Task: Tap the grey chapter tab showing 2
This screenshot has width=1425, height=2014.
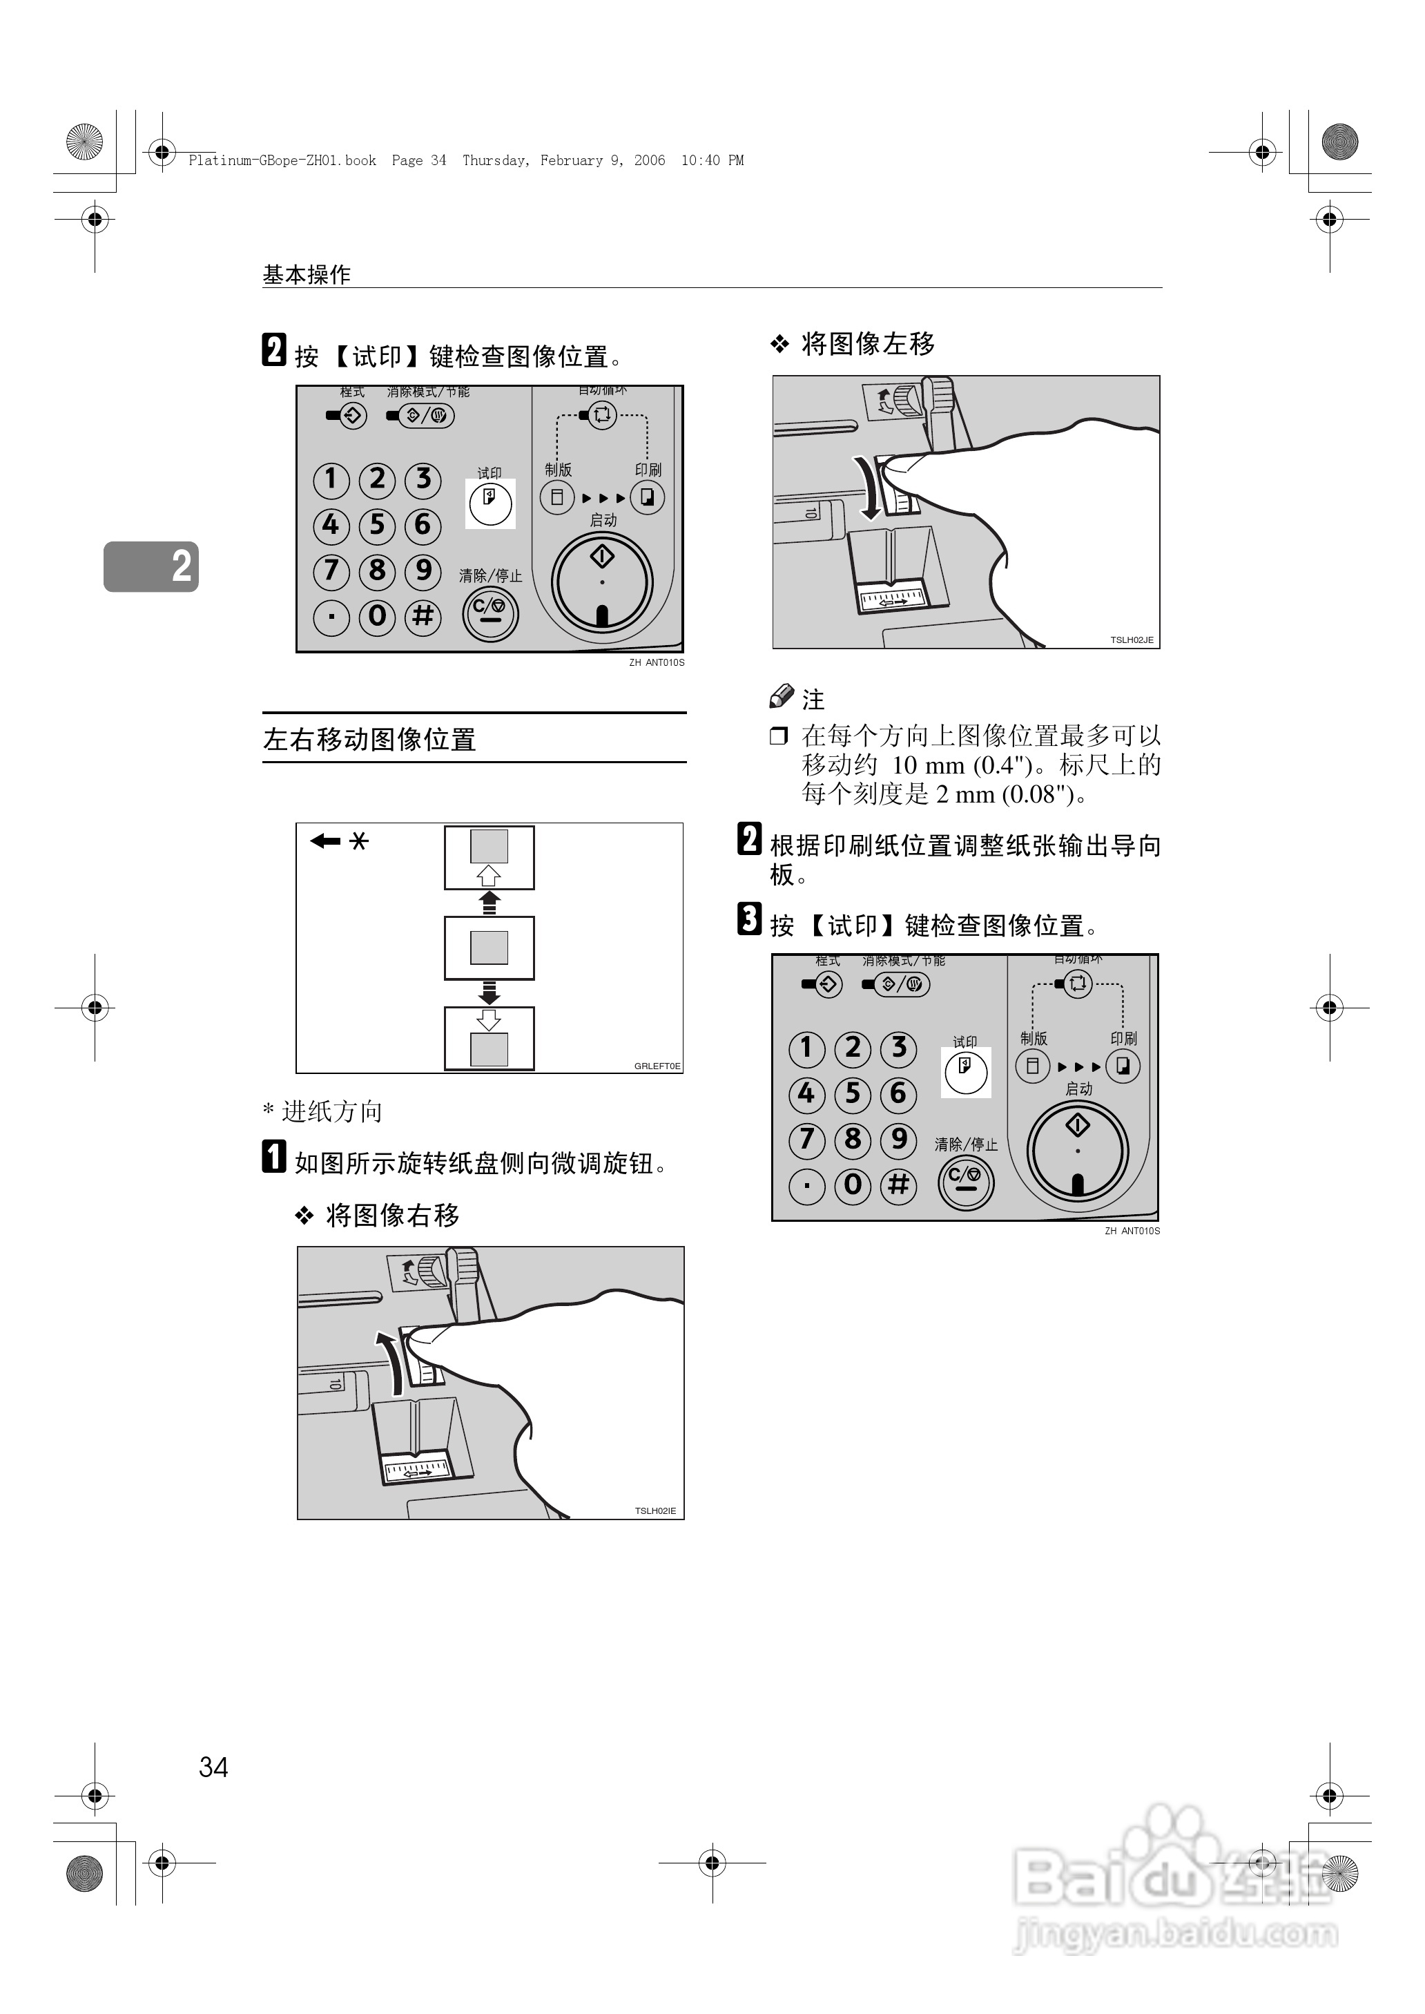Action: [x=151, y=566]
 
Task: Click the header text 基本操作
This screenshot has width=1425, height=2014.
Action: [x=307, y=275]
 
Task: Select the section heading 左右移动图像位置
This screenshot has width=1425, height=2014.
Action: [x=369, y=739]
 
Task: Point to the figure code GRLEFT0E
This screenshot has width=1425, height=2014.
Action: [x=657, y=1065]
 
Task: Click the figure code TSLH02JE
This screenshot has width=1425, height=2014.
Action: [x=1131, y=640]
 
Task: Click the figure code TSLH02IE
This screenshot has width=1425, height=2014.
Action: [x=655, y=1510]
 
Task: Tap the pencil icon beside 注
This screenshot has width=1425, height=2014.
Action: [x=781, y=697]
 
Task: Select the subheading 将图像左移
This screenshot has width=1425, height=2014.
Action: [x=868, y=343]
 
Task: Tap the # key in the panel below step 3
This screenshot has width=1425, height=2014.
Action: [x=898, y=1185]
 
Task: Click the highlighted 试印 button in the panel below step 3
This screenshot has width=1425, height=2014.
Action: [x=965, y=1071]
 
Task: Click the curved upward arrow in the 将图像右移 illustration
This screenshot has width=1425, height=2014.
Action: [x=389, y=1361]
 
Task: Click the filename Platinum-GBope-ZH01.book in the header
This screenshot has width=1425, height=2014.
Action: [x=282, y=160]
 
